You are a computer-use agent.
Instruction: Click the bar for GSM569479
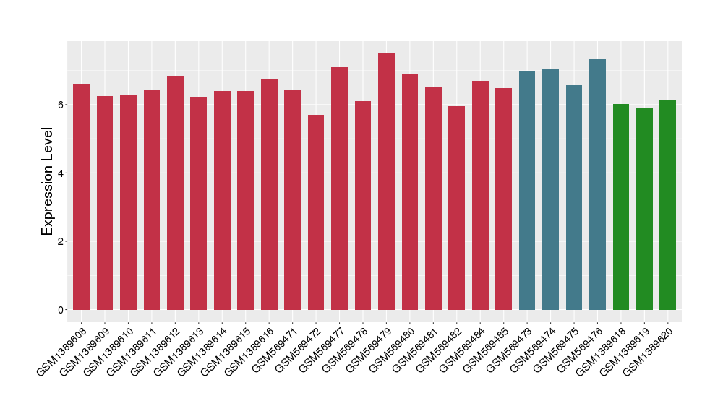386,182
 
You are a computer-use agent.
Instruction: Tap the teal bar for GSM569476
597,185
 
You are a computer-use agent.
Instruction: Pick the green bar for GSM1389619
644,209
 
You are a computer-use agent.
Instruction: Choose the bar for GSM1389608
82,197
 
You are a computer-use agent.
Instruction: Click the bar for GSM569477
340,189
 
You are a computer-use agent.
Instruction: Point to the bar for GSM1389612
175,193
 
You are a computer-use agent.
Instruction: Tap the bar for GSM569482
456,208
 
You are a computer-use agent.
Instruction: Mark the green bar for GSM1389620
667,205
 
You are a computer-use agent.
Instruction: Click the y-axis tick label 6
63,105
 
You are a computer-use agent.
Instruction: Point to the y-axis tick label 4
63,173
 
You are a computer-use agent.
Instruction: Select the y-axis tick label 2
63,241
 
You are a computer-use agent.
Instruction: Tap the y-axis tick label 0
63,310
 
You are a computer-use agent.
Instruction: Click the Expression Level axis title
48,181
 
